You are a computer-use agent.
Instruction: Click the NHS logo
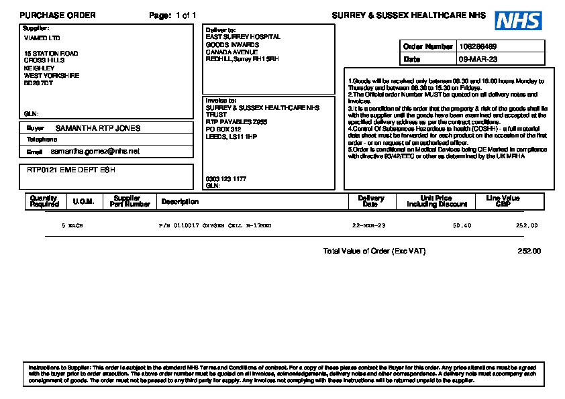[x=518, y=21]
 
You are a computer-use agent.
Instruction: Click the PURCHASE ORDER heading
[x=58, y=15]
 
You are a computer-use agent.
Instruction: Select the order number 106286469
[x=478, y=46]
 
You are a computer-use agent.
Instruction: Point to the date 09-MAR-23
[x=478, y=59]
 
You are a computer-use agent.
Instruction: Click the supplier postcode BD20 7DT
[x=38, y=83]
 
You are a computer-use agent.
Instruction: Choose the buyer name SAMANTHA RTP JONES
[x=98, y=127]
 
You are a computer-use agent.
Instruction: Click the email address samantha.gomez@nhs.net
[x=95, y=152]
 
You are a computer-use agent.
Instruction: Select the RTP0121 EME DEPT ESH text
[x=70, y=170]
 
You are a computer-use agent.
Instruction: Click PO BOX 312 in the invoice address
[x=223, y=129]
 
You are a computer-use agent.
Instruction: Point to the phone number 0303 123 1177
[x=225, y=179]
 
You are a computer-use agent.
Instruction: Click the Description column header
[x=180, y=201]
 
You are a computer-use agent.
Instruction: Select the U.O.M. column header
[x=83, y=201]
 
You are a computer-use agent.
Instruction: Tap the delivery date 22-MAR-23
[x=369, y=226]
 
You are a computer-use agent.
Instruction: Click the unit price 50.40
[x=462, y=226]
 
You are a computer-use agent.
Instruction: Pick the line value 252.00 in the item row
[x=526, y=226]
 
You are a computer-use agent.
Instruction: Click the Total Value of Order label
[x=374, y=251]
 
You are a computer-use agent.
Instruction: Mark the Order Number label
[x=428, y=46]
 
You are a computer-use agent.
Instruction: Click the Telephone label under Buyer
[x=42, y=139]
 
